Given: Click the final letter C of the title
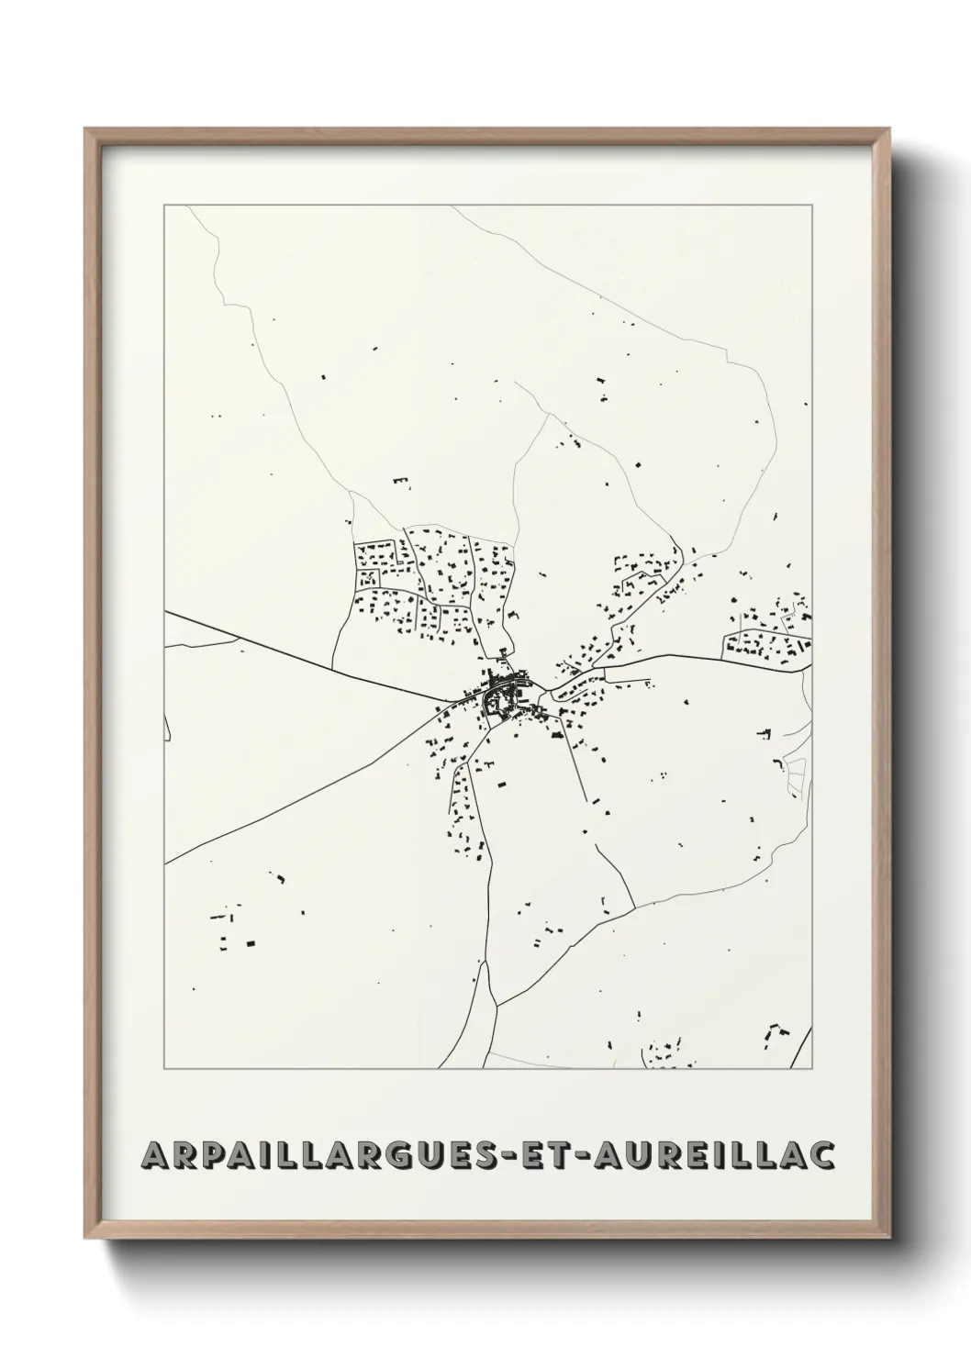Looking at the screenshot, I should click(x=822, y=1156).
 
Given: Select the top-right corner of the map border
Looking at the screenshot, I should click(x=811, y=206).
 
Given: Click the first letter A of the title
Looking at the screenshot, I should click(x=153, y=1156).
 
